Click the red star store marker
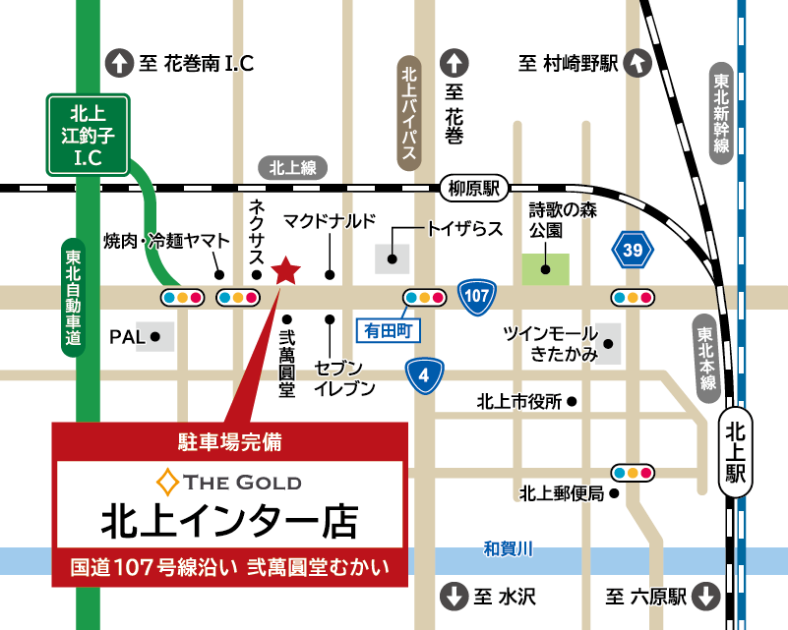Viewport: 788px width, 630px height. point(285,270)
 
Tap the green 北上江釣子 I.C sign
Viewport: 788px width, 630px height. point(89,134)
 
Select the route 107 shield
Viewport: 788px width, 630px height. point(476,297)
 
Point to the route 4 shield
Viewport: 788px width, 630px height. point(424,374)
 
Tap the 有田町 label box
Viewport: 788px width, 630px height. point(387,330)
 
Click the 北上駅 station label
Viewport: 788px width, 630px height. point(736,452)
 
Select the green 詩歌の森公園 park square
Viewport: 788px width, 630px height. point(545,268)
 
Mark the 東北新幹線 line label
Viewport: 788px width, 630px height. point(722,110)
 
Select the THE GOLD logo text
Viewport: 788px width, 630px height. point(230,482)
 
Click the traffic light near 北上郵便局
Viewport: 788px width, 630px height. point(632,472)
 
